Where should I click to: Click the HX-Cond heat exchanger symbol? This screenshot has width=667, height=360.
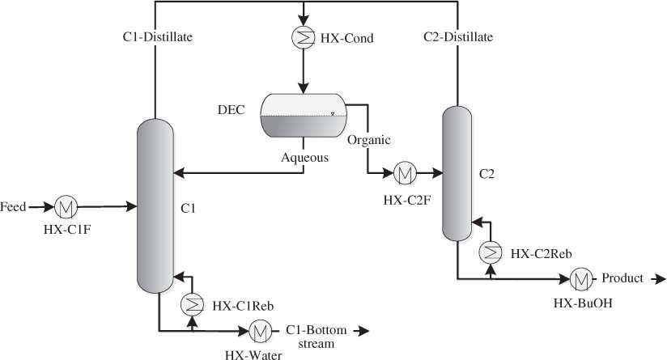pos(303,37)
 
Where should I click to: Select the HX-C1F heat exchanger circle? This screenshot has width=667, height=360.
pos(66,208)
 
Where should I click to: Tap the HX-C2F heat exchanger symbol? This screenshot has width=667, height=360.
pos(404,172)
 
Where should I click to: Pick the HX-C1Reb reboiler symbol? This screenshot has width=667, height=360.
pos(192,304)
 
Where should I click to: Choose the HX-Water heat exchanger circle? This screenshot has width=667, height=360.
pos(260,330)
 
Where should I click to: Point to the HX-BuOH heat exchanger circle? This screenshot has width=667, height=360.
pos(580,279)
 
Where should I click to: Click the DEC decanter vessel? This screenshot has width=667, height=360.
pos(303,114)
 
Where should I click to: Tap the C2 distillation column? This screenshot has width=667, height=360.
pos(458,174)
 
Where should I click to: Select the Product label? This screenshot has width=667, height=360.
pos(622,278)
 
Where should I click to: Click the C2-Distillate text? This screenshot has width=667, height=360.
pos(459,36)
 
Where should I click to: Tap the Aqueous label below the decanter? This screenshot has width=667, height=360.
pos(304,158)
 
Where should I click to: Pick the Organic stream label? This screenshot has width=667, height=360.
pos(369,139)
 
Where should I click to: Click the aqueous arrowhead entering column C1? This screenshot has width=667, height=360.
pos(179,172)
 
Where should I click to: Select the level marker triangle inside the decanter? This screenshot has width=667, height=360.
pos(332,113)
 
